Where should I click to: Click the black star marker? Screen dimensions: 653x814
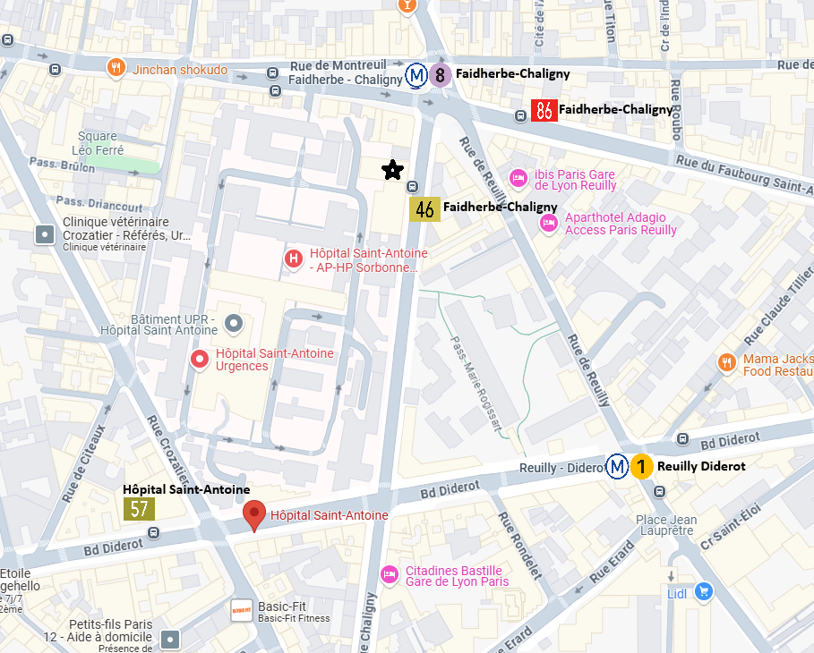tap(390, 170)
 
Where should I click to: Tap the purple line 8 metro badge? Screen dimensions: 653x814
tap(439, 76)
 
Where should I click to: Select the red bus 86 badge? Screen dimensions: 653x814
tap(544, 110)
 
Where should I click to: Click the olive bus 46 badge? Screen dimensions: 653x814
tap(424, 209)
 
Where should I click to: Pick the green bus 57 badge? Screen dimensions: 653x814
tap(139, 509)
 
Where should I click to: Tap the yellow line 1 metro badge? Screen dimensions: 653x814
tap(641, 467)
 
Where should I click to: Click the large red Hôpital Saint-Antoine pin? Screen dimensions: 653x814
tap(255, 515)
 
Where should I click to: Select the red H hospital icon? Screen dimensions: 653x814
tap(293, 259)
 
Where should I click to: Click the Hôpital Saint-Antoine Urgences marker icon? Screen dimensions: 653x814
tap(201, 360)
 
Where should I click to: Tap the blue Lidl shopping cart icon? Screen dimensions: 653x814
tap(704, 591)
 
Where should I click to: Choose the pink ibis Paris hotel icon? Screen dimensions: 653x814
tap(518, 179)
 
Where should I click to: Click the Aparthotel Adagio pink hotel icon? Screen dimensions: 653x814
tap(548, 223)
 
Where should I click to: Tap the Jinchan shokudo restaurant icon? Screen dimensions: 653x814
tap(116, 68)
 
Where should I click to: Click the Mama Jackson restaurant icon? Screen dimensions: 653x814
tap(727, 362)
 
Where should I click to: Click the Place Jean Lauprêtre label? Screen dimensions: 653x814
tap(665, 525)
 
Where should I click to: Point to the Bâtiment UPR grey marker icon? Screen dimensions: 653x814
tap(234, 321)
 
